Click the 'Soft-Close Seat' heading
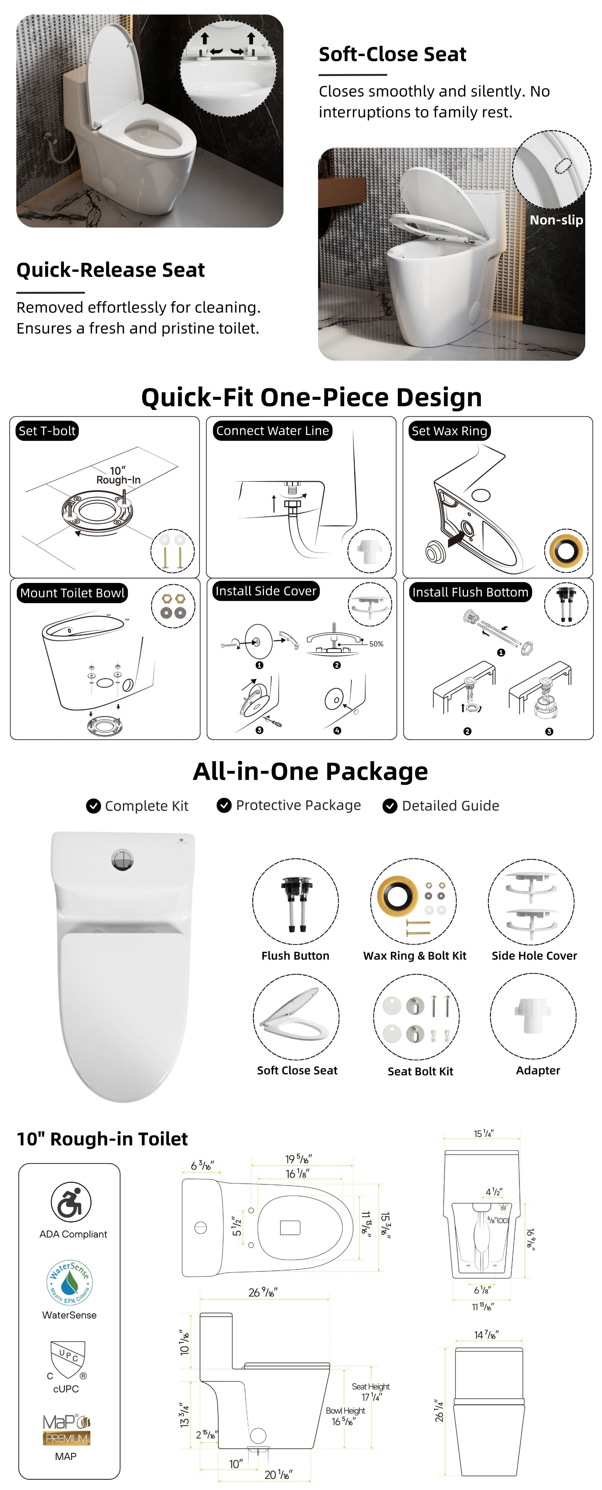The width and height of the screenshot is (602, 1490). pos(392,54)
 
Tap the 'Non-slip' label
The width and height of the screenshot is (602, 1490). pos(556,220)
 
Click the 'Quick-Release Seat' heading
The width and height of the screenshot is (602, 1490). pos(110,270)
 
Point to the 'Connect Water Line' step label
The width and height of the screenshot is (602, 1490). pos(272,431)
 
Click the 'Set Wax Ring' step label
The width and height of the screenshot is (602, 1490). pos(449,431)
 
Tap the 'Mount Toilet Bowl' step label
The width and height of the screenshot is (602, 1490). pos(72,593)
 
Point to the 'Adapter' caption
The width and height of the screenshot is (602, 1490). pos(538,1071)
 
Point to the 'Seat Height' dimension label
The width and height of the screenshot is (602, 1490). pos(371,1386)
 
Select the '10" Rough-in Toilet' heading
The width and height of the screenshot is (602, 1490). pos(102,1139)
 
